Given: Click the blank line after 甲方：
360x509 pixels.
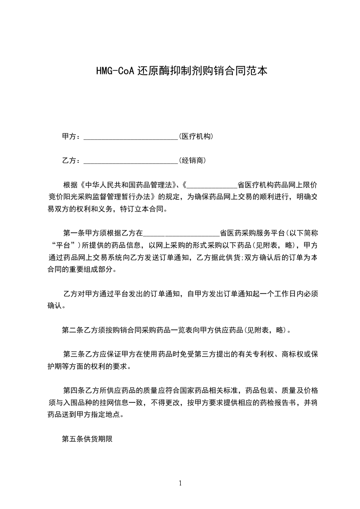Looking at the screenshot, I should pos(131,137).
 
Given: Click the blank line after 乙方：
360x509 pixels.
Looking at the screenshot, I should pos(131,161).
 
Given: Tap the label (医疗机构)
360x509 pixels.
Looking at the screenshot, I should pos(196,137).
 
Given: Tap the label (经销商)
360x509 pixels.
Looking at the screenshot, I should pos(193,161).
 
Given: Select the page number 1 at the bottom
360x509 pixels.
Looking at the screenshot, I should pos(180,483).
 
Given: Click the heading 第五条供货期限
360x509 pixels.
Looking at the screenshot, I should pos(87,439).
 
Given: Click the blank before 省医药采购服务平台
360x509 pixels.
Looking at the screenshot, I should pos(181,233).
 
